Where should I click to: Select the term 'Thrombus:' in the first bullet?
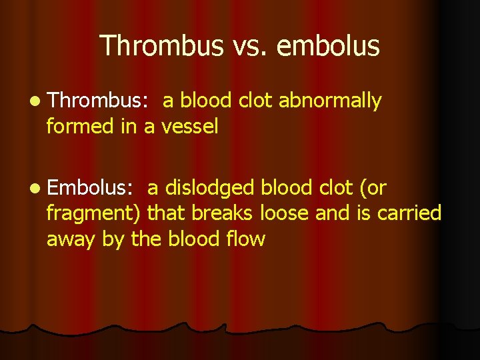pyautogui.click(x=101, y=101)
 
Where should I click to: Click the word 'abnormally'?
pyautogui.click(x=330, y=101)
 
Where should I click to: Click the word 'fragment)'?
pyautogui.click(x=94, y=214)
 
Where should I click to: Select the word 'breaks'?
pyautogui.click(x=214, y=214)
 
